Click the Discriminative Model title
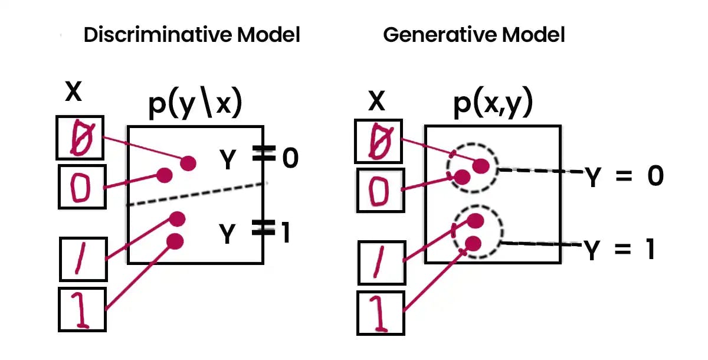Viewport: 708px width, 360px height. pyautogui.click(x=192, y=35)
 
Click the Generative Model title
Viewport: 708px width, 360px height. pyautogui.click(x=474, y=35)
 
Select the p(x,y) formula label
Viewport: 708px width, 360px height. pyautogui.click(x=493, y=104)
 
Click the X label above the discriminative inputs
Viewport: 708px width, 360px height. pyautogui.click(x=73, y=93)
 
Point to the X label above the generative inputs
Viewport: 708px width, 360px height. pyautogui.click(x=376, y=102)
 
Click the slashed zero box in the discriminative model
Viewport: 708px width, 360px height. pyautogui.click(x=80, y=138)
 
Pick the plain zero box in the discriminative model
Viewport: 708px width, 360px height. pyautogui.click(x=82, y=186)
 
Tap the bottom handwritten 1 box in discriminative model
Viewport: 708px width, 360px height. pyautogui.click(x=82, y=309)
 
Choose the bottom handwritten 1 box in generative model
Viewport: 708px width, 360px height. pyautogui.click(x=381, y=312)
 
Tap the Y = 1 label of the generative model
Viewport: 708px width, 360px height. pyautogui.click(x=619, y=250)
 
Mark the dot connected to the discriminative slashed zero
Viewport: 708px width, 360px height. pyautogui.click(x=188, y=163)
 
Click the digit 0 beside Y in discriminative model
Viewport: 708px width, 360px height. pyautogui.click(x=290, y=158)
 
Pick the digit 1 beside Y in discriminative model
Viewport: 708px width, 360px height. pyautogui.click(x=286, y=234)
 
